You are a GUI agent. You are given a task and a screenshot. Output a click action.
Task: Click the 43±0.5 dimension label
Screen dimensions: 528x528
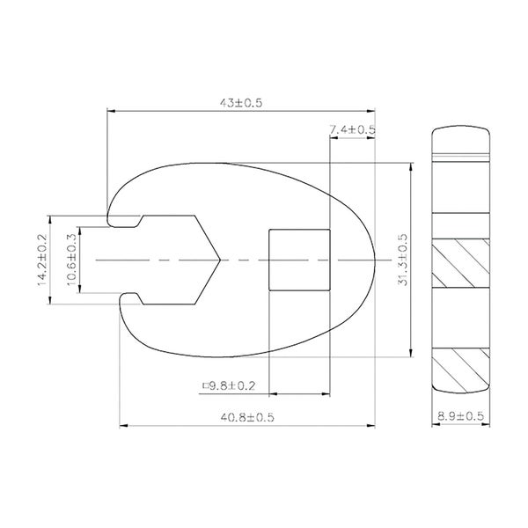coord(241,103)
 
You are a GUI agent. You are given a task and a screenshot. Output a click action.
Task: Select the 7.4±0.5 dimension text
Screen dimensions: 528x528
coord(352,129)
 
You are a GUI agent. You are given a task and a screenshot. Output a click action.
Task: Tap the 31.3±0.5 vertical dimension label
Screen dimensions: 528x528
coord(402,260)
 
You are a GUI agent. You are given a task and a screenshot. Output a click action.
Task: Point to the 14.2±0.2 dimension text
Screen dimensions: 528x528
coord(41,260)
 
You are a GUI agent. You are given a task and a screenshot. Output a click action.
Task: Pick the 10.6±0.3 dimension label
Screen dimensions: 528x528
coord(72,260)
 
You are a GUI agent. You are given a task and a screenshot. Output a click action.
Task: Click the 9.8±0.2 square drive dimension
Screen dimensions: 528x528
coord(232,385)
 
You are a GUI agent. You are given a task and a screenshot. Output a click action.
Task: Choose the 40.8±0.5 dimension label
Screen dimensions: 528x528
coord(247,417)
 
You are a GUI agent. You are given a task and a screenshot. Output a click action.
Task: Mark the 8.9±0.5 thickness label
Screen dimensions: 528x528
coord(460,416)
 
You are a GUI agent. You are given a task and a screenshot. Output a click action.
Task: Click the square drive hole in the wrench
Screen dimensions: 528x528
coord(299,260)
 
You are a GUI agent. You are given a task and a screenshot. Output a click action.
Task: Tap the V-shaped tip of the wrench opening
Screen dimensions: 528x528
coord(220,260)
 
